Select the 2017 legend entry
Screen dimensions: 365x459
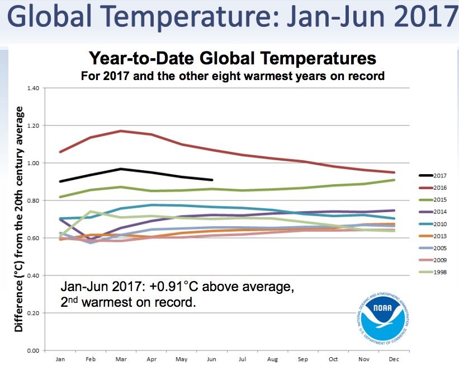433,175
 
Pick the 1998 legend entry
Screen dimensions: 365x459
433,273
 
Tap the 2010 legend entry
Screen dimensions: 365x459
433,224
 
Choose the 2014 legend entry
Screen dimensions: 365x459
433,212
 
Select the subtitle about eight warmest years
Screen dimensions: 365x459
233,76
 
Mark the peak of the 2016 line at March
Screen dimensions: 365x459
121,131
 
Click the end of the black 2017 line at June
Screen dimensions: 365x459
212,180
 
